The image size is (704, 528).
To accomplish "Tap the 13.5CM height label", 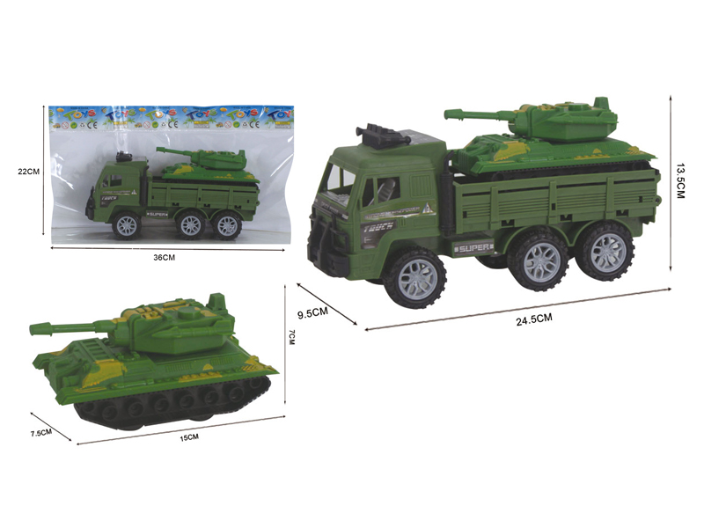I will [x=679, y=184].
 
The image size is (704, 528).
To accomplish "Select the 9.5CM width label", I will [x=312, y=311].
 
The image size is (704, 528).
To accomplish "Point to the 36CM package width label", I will [x=165, y=257].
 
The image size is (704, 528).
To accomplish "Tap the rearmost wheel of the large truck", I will [x=605, y=250].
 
